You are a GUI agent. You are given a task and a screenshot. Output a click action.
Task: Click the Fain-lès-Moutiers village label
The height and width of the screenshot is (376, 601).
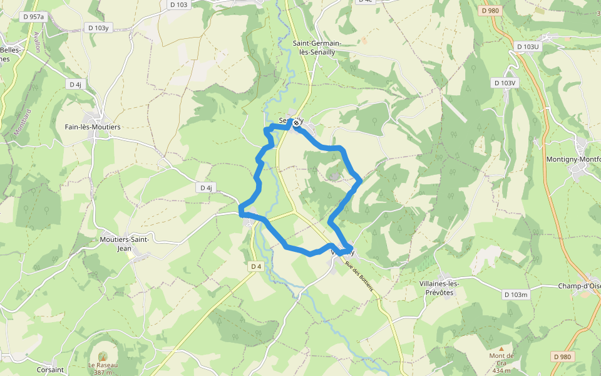(93, 127)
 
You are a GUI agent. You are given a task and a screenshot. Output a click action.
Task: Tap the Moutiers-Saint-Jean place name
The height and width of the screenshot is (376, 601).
(124, 244)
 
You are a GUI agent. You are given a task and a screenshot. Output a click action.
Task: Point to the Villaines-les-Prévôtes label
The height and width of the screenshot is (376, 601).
(439, 288)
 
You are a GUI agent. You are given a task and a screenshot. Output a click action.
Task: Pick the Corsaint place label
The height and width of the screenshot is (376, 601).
(50, 370)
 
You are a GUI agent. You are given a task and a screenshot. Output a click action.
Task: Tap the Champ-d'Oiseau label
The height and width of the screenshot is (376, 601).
(579, 286)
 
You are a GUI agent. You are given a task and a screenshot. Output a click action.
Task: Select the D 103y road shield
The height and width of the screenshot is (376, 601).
(98, 28)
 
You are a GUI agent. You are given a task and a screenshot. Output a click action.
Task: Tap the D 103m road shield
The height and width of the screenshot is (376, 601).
(516, 294)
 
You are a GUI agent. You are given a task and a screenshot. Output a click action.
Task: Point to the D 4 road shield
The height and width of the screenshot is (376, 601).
(255, 266)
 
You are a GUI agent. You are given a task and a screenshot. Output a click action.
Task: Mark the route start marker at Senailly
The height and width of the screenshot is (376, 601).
(296, 123)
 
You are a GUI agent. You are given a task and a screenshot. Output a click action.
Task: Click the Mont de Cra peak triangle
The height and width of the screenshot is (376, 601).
(501, 348)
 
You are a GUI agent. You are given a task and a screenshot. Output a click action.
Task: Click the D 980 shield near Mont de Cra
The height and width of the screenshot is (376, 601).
(562, 357)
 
